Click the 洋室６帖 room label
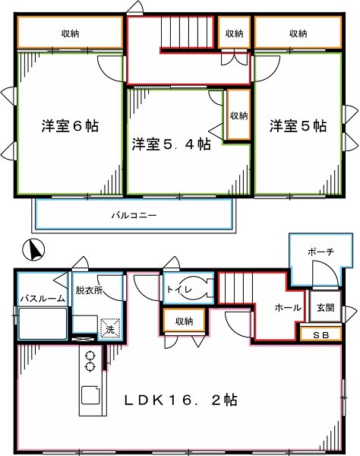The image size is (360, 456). pyautogui.click(x=68, y=127)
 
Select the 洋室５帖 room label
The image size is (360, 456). pyautogui.click(x=297, y=127)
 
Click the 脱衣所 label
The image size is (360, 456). pyautogui.click(x=88, y=290)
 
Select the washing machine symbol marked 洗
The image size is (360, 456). pyautogui.click(x=111, y=328)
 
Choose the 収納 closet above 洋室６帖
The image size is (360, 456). pyautogui.click(x=70, y=33)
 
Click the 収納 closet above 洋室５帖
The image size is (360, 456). pyautogui.click(x=298, y=33)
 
